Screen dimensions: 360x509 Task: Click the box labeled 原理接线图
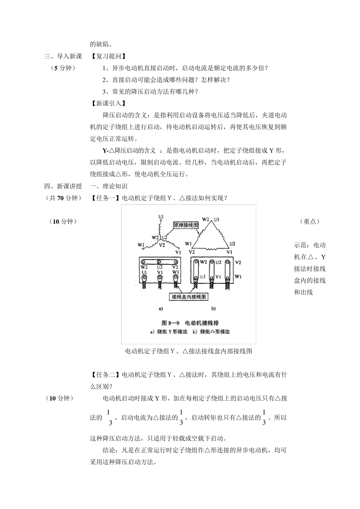(186, 225)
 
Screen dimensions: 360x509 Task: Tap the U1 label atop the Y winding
(161, 217)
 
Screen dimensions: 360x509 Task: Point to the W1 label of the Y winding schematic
(141, 245)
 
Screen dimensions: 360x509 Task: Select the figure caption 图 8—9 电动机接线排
(190, 323)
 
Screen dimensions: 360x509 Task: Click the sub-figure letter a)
(161, 309)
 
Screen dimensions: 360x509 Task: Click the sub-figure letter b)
(213, 309)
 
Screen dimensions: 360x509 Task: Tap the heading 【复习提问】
(108, 56)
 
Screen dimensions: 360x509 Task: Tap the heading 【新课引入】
(108, 103)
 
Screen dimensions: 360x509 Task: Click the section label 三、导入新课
(63, 56)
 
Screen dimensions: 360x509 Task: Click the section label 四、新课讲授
(63, 186)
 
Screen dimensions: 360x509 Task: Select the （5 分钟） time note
(63, 68)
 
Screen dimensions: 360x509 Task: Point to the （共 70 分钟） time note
(63, 198)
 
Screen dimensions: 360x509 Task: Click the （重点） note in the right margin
(310, 222)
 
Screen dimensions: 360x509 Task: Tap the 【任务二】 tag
(106, 375)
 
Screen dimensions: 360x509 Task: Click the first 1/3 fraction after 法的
(109, 417)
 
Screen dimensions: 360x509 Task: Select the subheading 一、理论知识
(109, 186)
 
